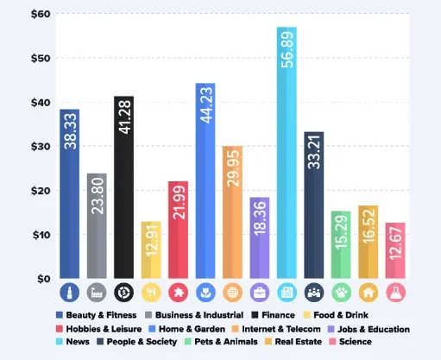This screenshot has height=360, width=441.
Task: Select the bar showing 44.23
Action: tap(205, 181)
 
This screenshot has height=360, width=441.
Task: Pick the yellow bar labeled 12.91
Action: tap(151, 249)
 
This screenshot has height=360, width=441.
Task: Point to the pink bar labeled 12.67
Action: tap(395, 250)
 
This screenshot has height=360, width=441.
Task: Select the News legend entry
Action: tap(77, 341)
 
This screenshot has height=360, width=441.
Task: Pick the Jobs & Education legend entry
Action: tap(369, 328)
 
